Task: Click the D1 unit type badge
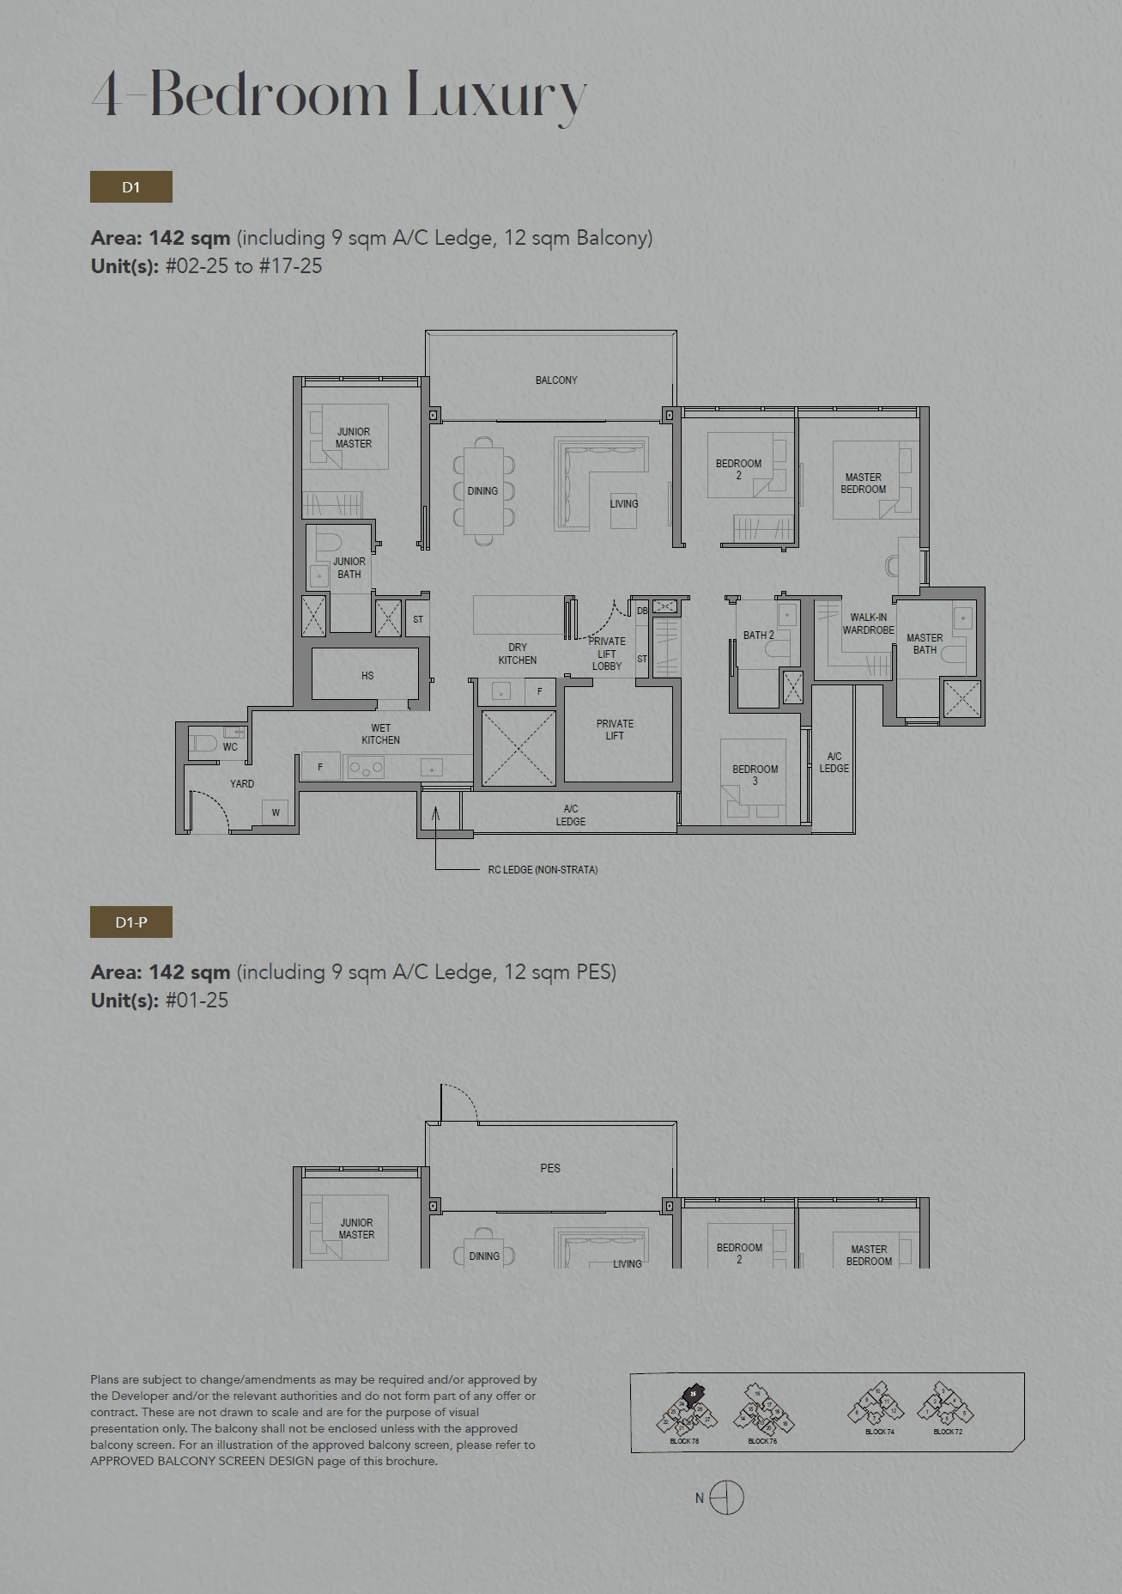click(x=130, y=187)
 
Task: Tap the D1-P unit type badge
click(x=130, y=922)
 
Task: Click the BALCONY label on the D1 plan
click(x=556, y=380)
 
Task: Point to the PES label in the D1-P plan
click(x=550, y=1168)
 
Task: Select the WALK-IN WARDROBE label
click(x=868, y=624)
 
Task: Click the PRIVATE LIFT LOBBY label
click(x=607, y=654)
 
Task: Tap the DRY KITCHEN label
click(x=518, y=654)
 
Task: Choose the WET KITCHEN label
click(x=380, y=734)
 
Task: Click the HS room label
click(x=367, y=676)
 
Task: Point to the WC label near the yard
click(x=230, y=747)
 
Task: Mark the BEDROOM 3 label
click(x=755, y=775)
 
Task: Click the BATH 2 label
click(x=758, y=636)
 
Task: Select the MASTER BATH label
click(x=925, y=644)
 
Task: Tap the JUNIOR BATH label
click(x=349, y=568)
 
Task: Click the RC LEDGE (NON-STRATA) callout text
click(x=543, y=870)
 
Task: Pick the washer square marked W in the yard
click(x=276, y=812)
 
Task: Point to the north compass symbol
click(x=726, y=1498)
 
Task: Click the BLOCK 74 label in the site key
click(x=879, y=1432)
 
